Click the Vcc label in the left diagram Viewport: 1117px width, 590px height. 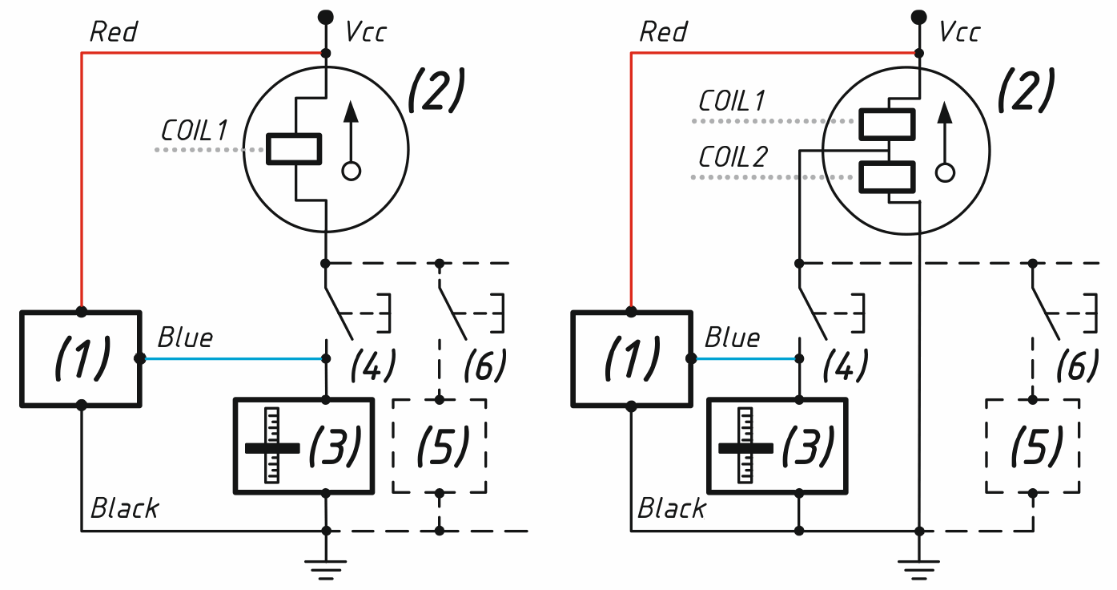click(365, 32)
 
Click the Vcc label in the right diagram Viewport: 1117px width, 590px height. click(959, 32)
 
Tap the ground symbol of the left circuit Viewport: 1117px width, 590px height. click(326, 569)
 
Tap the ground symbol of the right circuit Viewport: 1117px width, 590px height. click(919, 569)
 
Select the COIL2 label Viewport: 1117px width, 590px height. click(732, 157)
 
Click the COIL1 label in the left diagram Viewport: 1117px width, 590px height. click(194, 131)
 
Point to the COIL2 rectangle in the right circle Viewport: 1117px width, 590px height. click(887, 177)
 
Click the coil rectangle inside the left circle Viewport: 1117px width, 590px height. click(294, 149)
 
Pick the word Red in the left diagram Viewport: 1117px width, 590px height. click(113, 32)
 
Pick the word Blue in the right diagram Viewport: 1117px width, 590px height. click(732, 337)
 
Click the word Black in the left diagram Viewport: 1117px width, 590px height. click(125, 508)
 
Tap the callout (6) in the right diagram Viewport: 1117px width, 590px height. click(1077, 365)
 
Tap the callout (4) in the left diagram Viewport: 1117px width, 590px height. click(373, 365)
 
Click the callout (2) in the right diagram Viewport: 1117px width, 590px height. click(1027, 90)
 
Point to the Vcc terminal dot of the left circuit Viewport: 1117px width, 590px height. click(326, 17)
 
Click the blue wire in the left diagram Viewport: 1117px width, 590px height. click(233, 358)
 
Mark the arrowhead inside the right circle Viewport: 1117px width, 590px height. click(945, 113)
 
